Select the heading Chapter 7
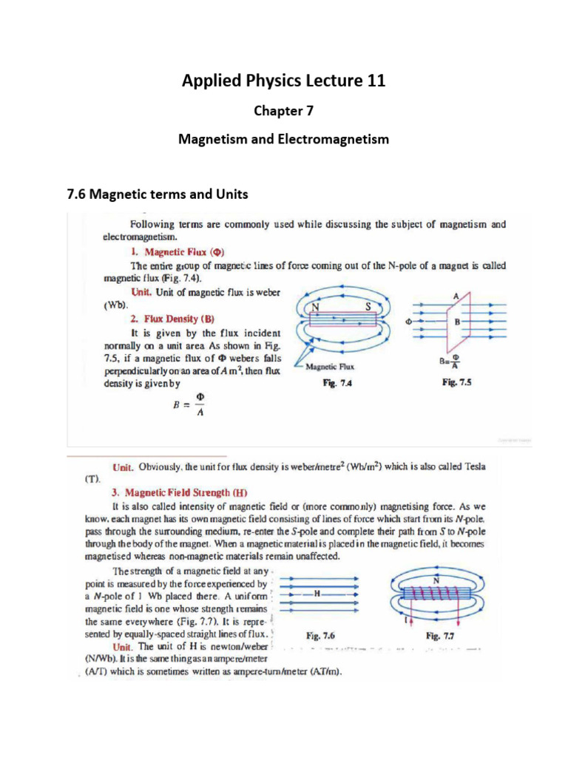(284, 111)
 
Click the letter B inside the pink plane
(457, 323)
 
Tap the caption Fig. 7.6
(321, 635)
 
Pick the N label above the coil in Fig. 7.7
(434, 581)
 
